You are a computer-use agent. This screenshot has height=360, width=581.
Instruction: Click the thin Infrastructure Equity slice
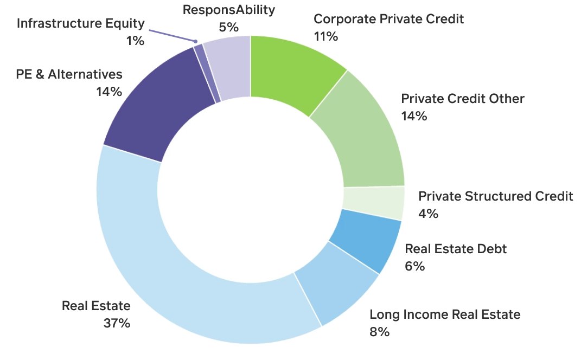point(200,73)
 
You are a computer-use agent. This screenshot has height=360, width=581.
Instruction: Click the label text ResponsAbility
point(228,10)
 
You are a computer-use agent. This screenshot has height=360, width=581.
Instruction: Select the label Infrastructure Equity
point(81,23)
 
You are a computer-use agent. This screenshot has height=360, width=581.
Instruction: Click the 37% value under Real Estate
point(117,323)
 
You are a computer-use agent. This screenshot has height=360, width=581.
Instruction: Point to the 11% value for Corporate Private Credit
point(325,36)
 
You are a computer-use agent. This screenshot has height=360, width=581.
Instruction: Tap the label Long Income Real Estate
point(445,314)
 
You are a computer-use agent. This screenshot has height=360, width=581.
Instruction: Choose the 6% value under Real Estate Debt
point(414,266)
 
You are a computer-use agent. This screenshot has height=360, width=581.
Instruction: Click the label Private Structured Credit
point(495,196)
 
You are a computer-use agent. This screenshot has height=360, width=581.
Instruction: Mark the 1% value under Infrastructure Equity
point(135,40)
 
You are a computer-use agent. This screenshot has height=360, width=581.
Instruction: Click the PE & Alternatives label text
point(69,74)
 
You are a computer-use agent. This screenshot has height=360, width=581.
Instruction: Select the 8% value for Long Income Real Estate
point(379,332)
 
